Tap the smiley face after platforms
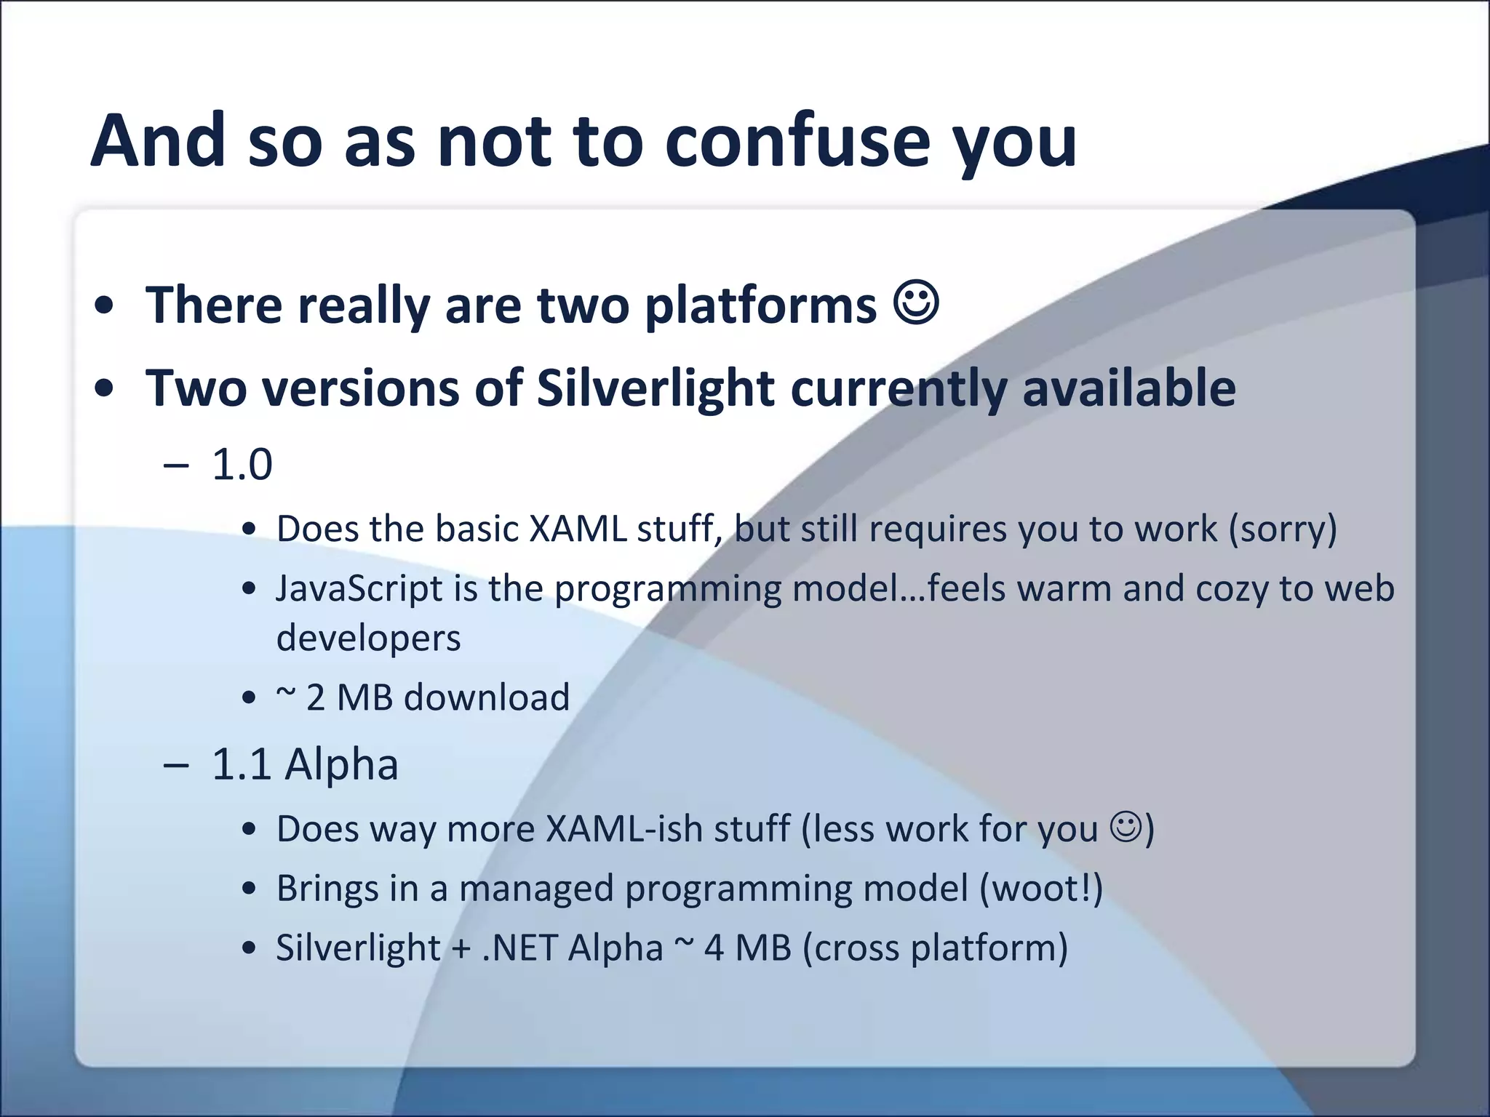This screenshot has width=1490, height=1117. click(x=916, y=303)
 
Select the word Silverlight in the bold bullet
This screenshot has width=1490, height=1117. click(x=655, y=388)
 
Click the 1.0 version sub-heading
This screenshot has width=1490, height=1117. click(x=242, y=465)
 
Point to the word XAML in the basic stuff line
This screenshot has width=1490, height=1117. click(x=578, y=529)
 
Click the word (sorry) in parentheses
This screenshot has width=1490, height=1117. click(x=1283, y=529)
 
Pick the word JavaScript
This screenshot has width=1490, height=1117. click(x=359, y=588)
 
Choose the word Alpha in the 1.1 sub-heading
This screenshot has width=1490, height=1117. click(x=341, y=765)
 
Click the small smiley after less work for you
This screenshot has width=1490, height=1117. click(x=1126, y=827)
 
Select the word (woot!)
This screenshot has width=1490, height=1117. click(x=1041, y=889)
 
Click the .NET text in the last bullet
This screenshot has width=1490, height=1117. click(x=519, y=948)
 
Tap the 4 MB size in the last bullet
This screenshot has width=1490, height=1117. click(x=747, y=948)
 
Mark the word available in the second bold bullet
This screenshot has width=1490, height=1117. click(x=1128, y=388)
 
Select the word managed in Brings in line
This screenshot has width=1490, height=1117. click(x=536, y=889)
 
